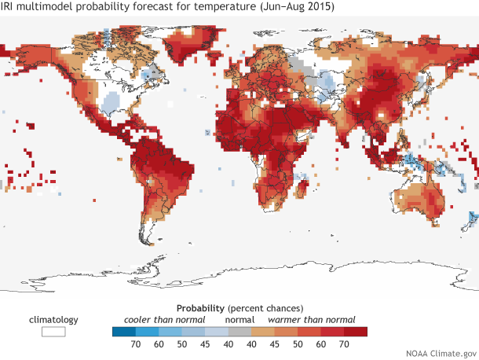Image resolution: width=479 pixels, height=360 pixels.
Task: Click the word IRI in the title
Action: coord(12,8)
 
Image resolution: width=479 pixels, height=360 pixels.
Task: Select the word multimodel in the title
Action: coord(49,8)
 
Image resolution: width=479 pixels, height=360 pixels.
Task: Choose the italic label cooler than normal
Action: coord(161,320)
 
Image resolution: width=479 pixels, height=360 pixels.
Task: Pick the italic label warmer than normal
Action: coord(312,320)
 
